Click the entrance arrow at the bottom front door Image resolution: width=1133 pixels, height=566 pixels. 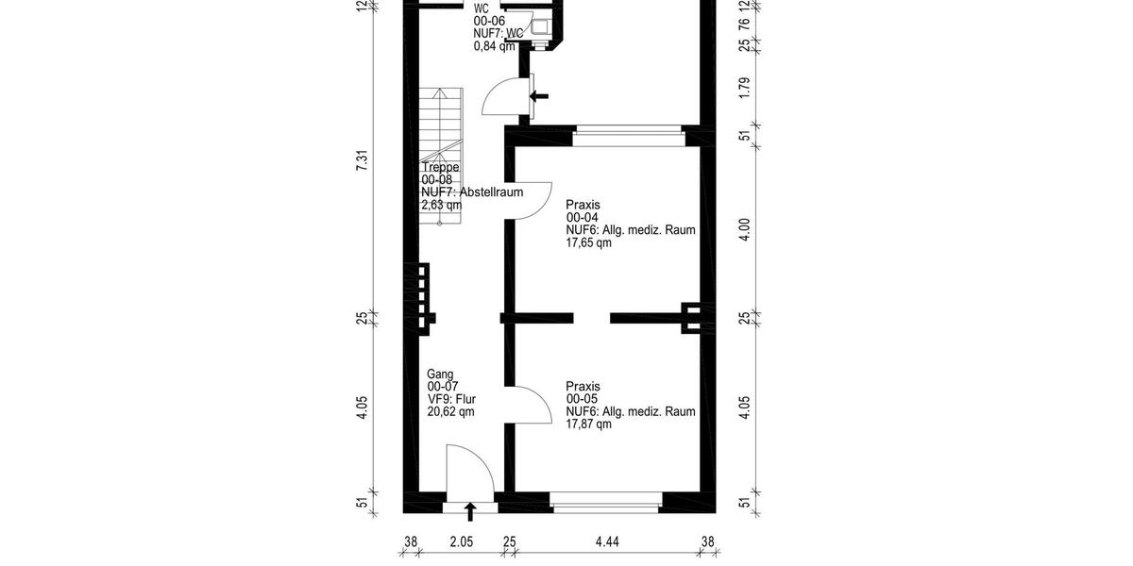[470, 512]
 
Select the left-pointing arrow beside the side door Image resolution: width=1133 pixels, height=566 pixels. [540, 95]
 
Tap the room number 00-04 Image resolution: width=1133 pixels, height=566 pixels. [583, 218]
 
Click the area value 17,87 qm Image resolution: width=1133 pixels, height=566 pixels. [588, 424]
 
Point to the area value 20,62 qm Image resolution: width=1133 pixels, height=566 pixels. [450, 411]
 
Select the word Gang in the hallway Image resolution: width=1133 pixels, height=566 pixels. [440, 375]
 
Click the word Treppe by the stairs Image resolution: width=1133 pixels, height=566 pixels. [440, 168]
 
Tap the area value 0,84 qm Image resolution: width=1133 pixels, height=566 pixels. [494, 45]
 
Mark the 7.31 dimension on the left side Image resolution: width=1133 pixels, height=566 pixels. [362, 160]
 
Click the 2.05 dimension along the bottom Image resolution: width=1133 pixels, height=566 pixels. [461, 541]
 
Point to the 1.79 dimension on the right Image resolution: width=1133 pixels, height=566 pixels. [745, 89]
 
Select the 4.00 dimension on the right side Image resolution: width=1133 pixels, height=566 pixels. [745, 228]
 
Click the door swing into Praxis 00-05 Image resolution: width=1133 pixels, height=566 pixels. [532, 406]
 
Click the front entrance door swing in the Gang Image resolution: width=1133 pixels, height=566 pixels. [469, 469]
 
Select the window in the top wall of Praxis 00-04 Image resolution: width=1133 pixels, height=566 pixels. [627, 138]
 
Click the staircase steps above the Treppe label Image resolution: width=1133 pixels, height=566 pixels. [443, 123]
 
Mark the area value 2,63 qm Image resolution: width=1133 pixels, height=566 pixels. [441, 205]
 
